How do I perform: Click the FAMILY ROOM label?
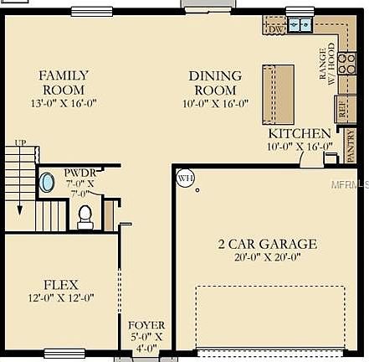(63, 82)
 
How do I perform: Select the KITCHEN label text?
(299, 134)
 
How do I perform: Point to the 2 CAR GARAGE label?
(267, 245)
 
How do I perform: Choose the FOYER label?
(146, 324)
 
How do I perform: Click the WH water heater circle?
(185, 178)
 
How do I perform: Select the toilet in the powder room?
(85, 217)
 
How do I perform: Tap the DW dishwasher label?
(275, 28)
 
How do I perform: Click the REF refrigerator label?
(319, 106)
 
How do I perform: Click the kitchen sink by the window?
(300, 26)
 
